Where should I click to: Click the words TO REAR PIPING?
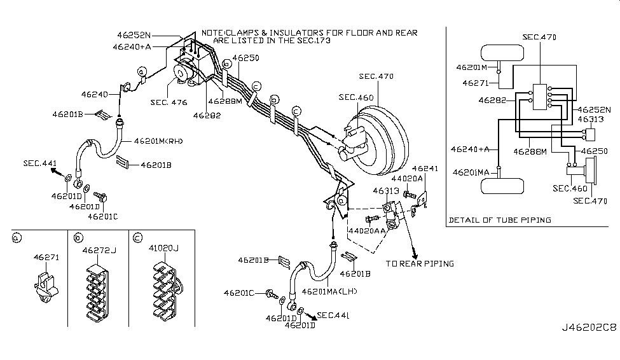(x=420, y=263)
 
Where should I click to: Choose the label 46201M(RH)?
(x=158, y=141)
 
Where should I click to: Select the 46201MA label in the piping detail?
(x=472, y=172)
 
